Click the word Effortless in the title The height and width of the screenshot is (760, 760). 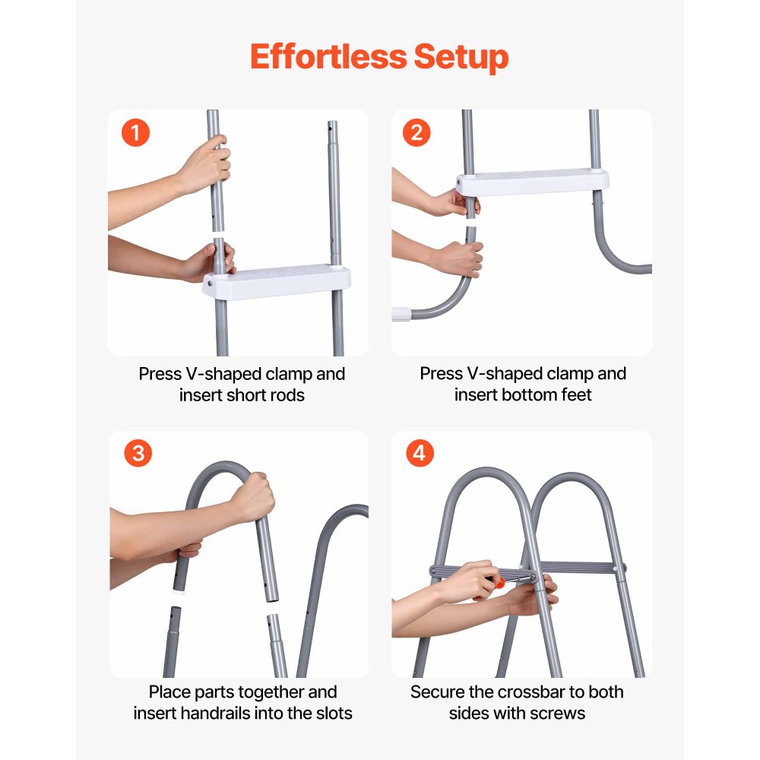pyautogui.click(x=327, y=57)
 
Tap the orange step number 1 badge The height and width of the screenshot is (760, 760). pyautogui.click(x=136, y=134)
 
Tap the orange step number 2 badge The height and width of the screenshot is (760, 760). pyautogui.click(x=416, y=134)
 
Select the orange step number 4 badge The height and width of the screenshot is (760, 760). pyautogui.click(x=419, y=454)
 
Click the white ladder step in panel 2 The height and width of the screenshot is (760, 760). pyautogui.click(x=532, y=182)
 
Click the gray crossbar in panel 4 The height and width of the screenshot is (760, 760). pyautogui.click(x=578, y=567)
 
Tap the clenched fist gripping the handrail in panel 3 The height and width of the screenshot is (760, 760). pyautogui.click(x=252, y=497)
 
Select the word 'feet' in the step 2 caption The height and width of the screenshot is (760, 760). pyautogui.click(x=575, y=395)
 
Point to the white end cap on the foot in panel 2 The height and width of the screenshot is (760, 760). pyautogui.click(x=401, y=312)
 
